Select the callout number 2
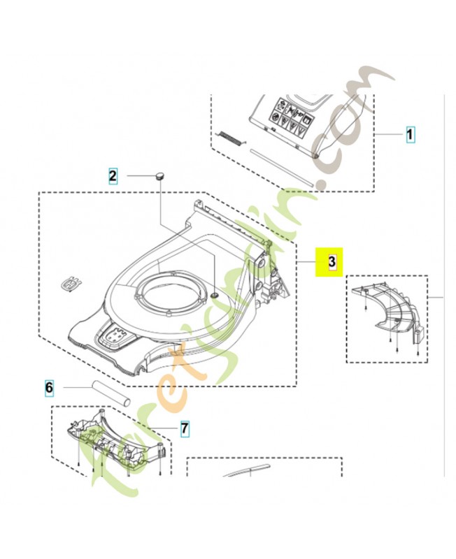point(113,175)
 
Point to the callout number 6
point(49,386)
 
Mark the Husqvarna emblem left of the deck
point(71,284)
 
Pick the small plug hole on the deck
point(214,296)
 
